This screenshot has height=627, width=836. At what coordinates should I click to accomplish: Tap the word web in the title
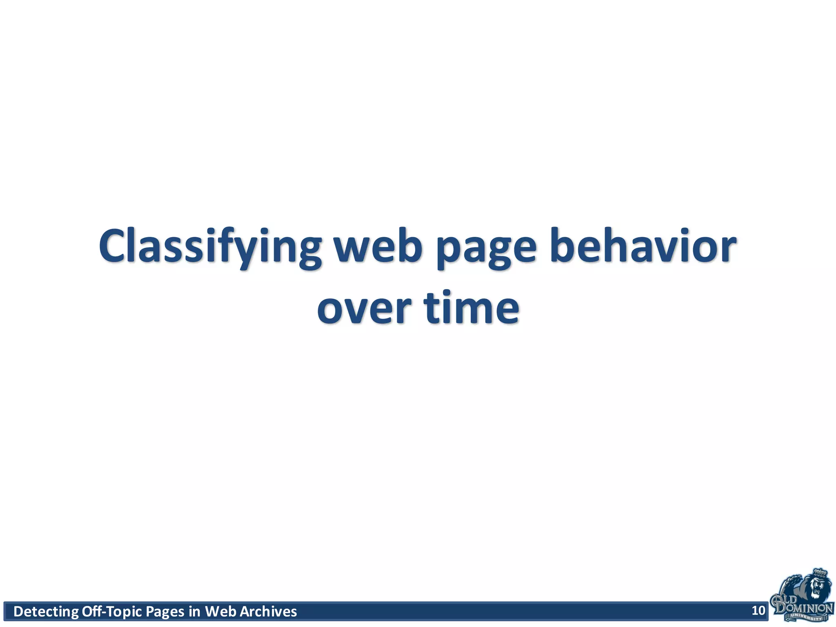378,247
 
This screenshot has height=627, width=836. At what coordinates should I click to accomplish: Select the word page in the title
486,247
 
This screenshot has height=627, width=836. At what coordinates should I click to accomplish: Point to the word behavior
643,247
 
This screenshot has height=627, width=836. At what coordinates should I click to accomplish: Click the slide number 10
758,611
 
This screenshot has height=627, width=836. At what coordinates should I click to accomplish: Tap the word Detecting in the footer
46,611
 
